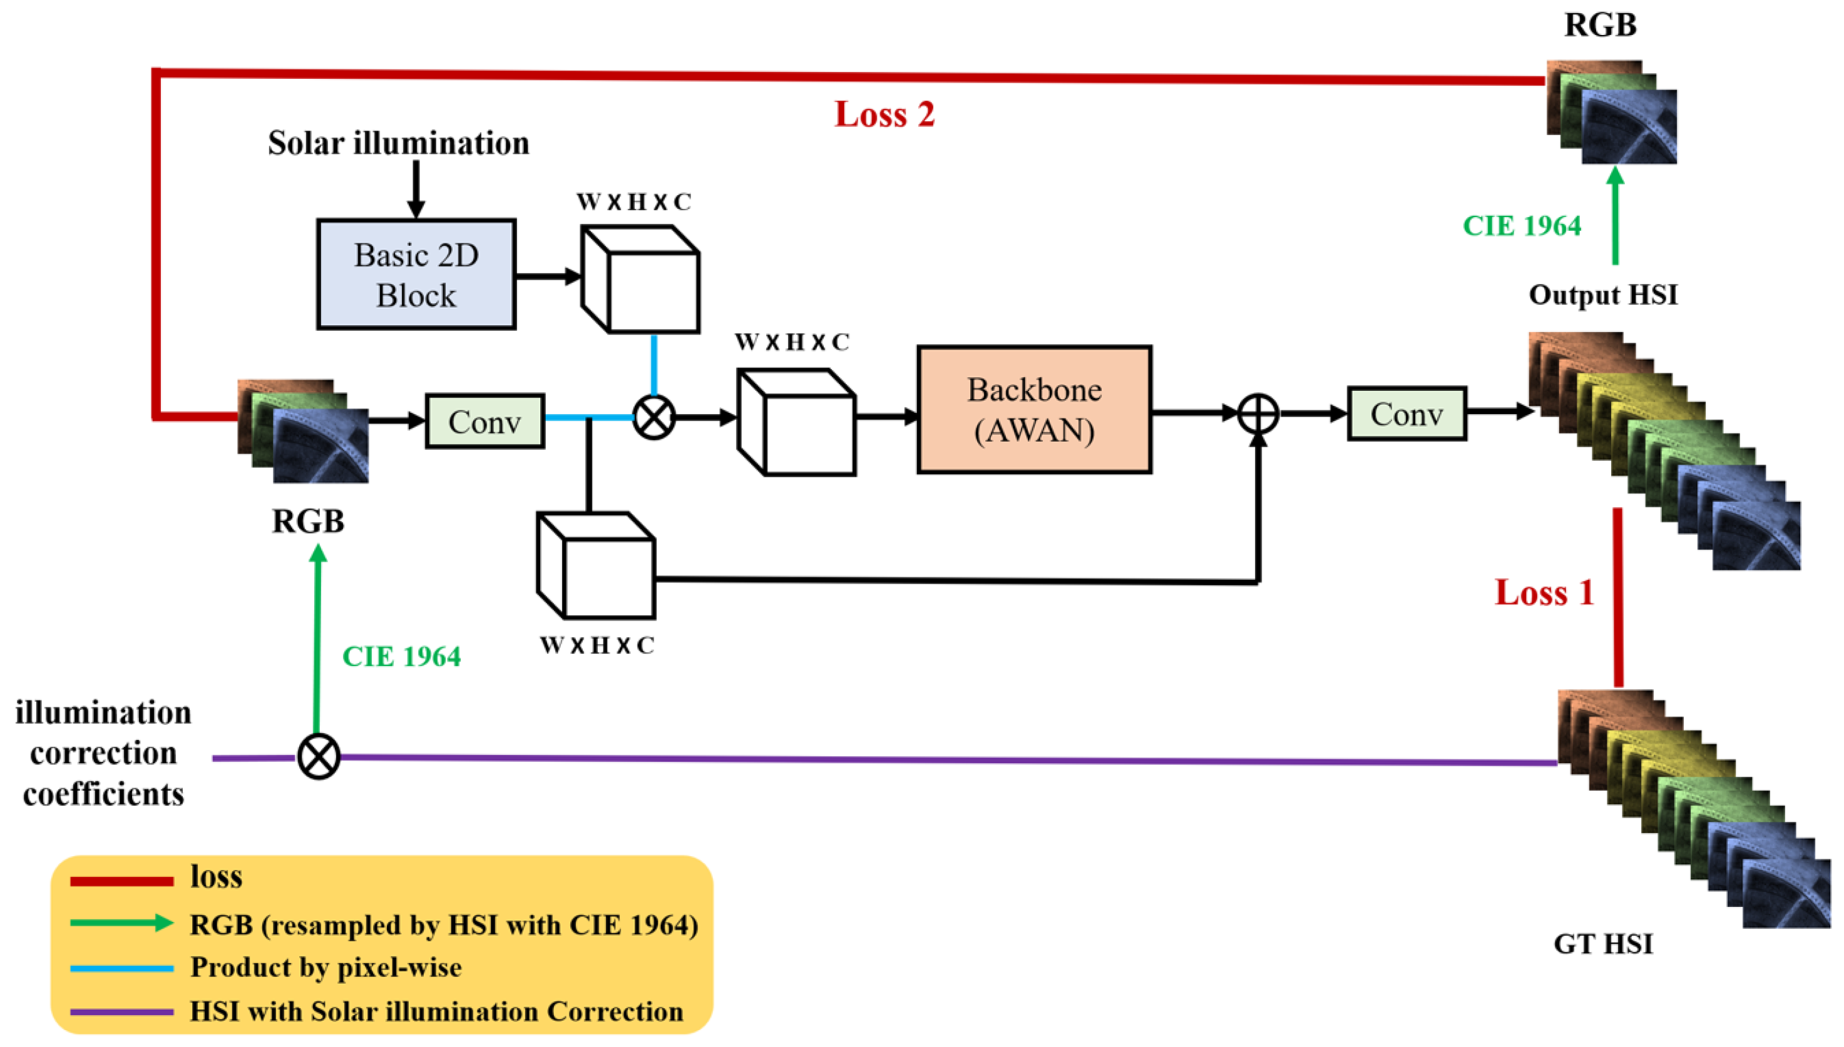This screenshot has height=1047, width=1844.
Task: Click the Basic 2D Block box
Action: [416, 275]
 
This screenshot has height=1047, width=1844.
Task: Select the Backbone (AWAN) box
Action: [1034, 410]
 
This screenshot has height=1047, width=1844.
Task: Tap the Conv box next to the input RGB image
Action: [484, 422]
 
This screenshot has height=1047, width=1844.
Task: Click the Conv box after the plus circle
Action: [1406, 413]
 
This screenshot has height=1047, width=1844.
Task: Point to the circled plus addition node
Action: [1258, 413]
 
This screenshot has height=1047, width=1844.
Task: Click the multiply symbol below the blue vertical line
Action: [653, 417]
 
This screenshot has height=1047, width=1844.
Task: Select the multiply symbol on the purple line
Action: [319, 757]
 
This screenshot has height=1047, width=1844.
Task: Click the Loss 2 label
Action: [884, 114]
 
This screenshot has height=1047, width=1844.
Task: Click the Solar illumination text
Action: [399, 143]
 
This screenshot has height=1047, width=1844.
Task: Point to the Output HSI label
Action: [1603, 295]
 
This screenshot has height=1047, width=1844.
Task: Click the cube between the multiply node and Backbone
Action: [796, 423]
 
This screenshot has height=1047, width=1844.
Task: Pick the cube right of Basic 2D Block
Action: [640, 280]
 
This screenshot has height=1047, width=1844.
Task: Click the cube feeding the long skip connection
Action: [596, 565]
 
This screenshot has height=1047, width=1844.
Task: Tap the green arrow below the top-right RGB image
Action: [1615, 216]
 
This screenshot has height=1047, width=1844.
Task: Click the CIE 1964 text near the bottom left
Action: [401, 657]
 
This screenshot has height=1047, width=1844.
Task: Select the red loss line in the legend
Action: [121, 880]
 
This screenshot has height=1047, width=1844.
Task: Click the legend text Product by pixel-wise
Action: [326, 968]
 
